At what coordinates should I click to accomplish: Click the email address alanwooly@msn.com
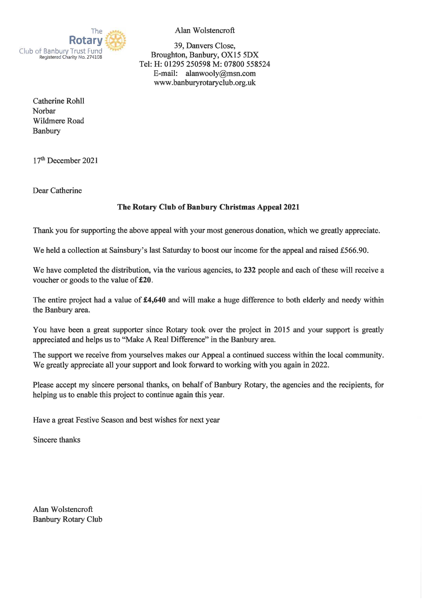(221, 73)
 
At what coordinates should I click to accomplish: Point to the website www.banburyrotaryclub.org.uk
(205, 83)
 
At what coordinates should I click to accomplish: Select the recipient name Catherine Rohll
(58, 101)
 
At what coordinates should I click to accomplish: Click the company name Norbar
(44, 111)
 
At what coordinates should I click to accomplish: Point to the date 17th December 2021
(65, 160)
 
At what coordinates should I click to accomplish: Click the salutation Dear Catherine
(57, 191)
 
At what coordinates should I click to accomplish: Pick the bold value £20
(145, 280)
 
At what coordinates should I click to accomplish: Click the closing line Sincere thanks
(57, 440)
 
